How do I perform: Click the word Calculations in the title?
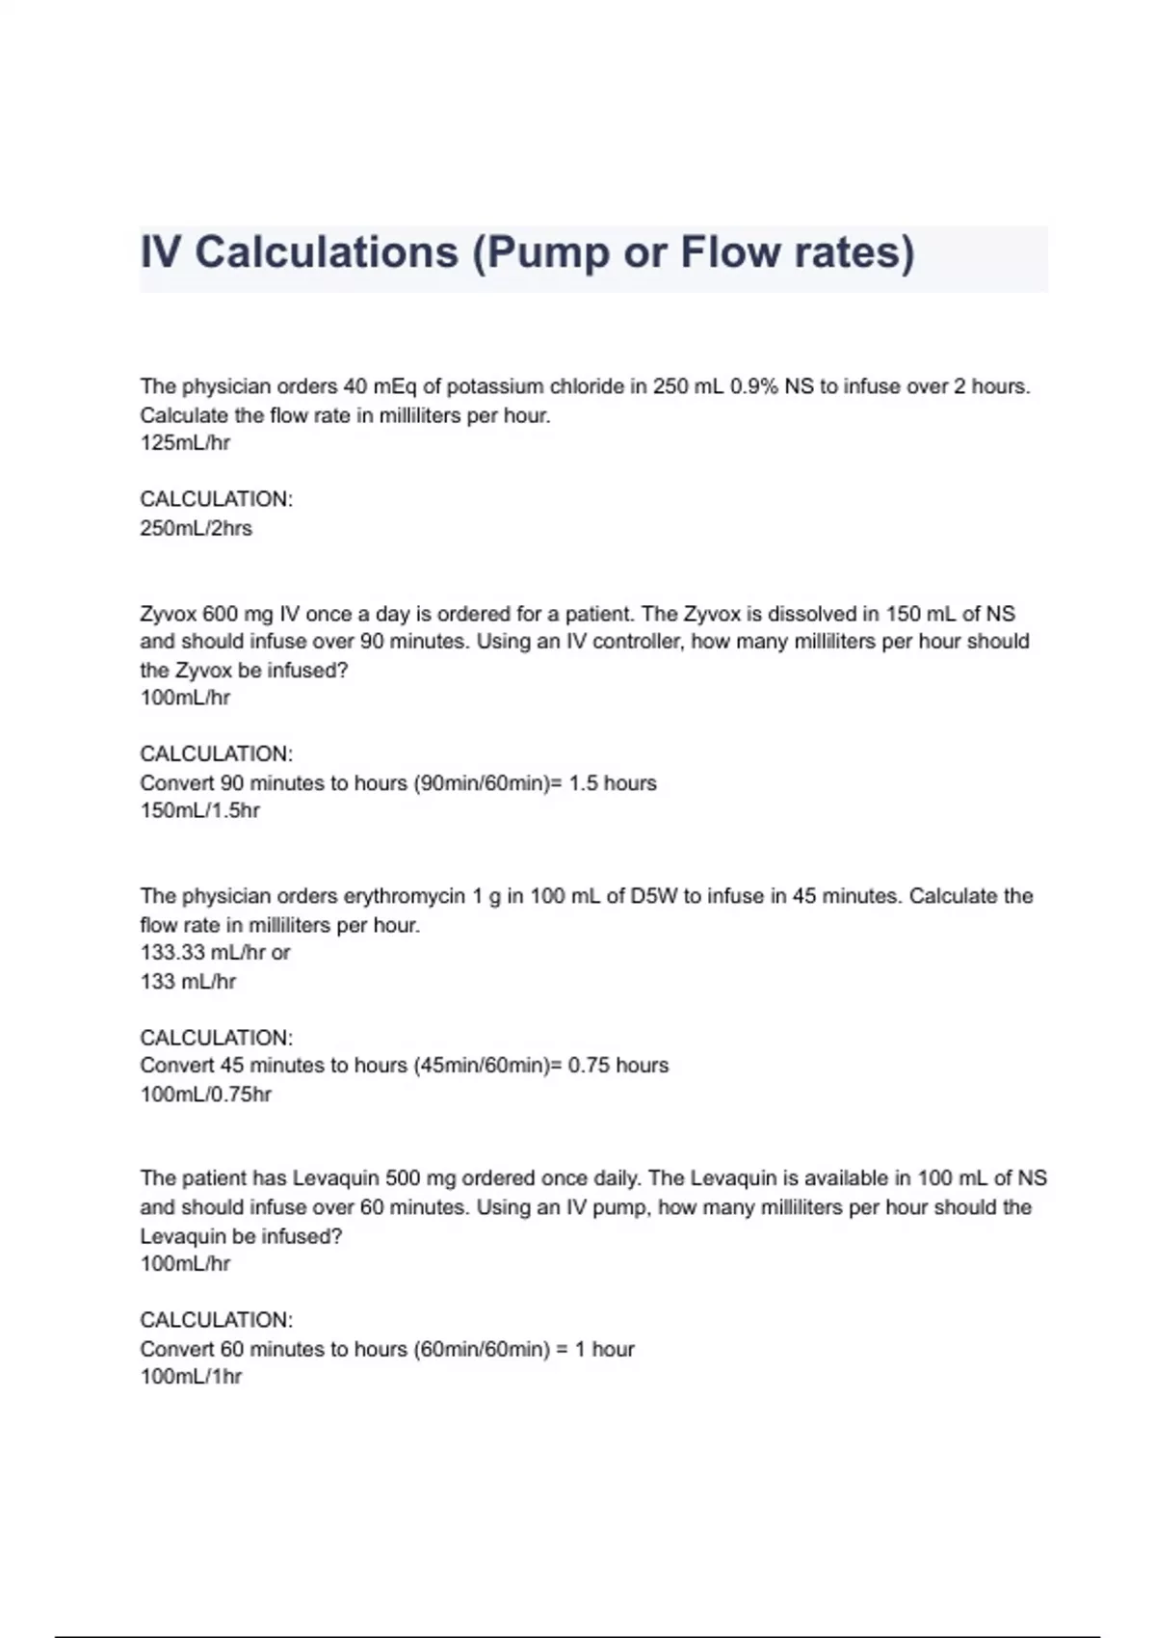327,253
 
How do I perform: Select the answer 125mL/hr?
185,443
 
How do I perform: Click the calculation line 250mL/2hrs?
196,528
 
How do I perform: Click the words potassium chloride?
536,386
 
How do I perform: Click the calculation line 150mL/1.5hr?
199,810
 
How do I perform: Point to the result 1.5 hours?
613,782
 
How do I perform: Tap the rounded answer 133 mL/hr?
188,982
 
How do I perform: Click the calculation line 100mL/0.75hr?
205,1095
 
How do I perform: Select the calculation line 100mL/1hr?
191,1377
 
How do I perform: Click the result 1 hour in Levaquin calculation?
605,1349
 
